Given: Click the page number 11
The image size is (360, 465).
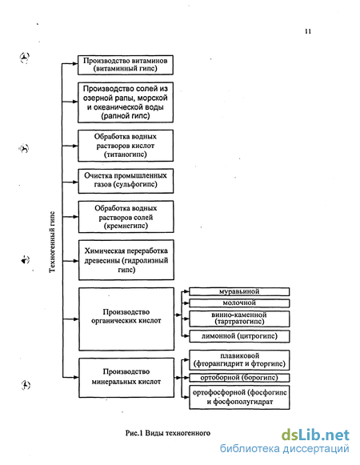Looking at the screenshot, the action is coord(308,31).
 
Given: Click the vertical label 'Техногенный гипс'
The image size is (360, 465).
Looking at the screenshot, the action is coord(52,242).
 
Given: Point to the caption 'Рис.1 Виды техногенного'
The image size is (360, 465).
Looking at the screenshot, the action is coord(168,433).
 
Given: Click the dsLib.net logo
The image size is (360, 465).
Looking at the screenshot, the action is coord(315,435).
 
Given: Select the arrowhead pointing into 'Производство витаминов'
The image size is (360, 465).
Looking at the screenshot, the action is coord(74,63).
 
